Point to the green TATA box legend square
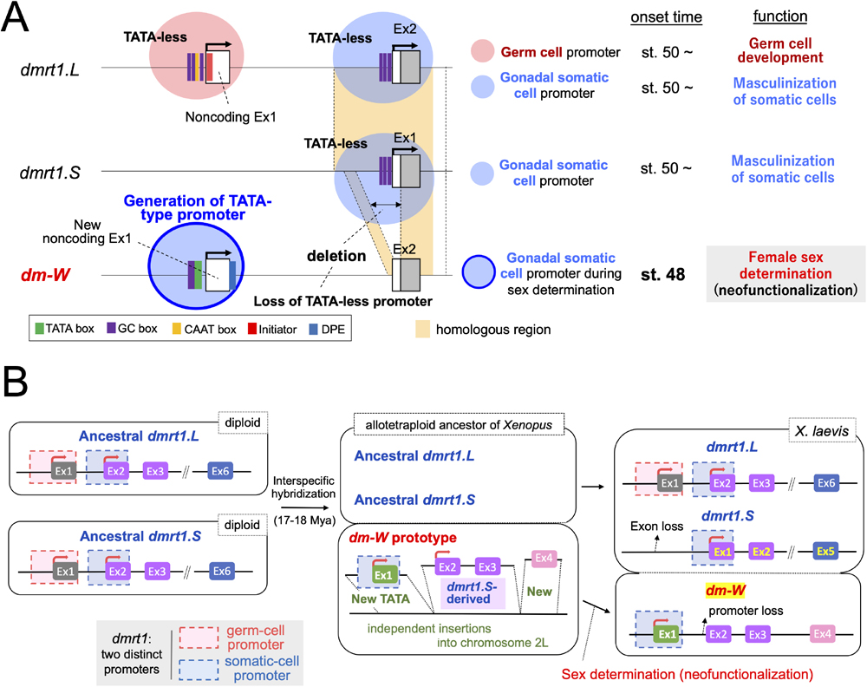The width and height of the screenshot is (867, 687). [40, 330]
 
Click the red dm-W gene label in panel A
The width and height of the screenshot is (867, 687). [43, 275]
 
